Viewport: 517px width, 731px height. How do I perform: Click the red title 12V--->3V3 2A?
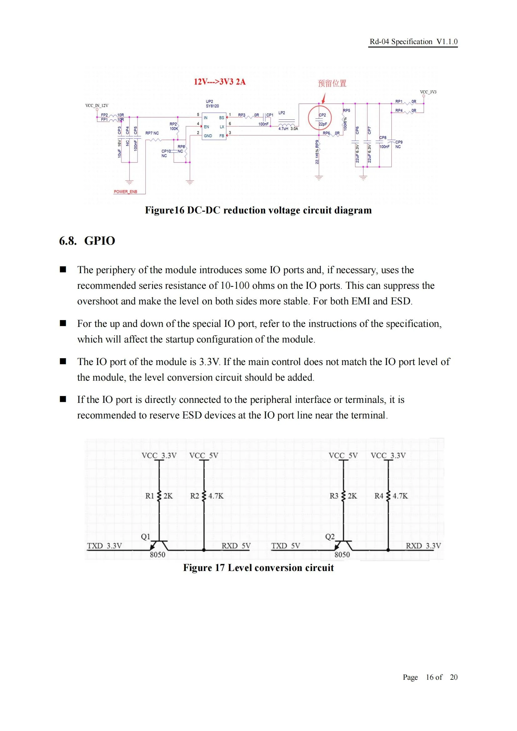[220, 82]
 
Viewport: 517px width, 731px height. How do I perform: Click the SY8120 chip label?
[212, 106]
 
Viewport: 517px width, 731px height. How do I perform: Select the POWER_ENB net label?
[125, 192]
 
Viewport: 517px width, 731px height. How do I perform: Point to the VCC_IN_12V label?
[97, 105]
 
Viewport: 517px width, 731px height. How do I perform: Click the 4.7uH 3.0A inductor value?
[288, 129]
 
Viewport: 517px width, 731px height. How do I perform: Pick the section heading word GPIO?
[100, 241]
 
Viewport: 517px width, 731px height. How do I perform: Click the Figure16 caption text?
[258, 210]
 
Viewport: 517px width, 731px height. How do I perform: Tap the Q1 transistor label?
[145, 537]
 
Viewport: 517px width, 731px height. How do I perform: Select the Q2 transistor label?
[330, 537]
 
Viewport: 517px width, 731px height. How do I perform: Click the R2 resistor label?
[194, 496]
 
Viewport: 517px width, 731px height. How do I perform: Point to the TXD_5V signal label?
[286, 546]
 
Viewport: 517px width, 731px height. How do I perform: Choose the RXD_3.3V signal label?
[423, 546]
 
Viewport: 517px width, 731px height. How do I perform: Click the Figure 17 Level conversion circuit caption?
[258, 568]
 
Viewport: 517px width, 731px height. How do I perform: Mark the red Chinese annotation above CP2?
[332, 83]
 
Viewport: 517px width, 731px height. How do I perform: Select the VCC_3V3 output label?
[428, 92]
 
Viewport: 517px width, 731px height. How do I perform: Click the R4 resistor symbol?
[389, 496]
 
